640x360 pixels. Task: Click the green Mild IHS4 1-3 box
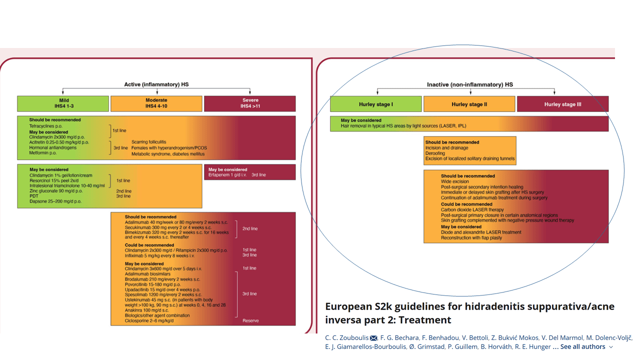(63, 103)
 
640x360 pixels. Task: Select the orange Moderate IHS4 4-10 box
(156, 103)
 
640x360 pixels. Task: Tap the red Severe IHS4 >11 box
(250, 103)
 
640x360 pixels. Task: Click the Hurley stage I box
(375, 104)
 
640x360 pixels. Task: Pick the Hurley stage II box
(469, 104)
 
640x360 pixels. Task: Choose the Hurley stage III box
(562, 104)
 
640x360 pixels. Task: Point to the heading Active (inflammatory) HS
(156, 84)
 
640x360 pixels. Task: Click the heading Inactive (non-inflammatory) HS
(469, 84)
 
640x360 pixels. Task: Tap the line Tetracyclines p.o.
(45, 126)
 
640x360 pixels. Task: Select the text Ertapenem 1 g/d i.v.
(227, 175)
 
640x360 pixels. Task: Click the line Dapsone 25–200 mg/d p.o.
(55, 201)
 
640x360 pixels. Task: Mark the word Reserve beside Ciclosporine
(250, 320)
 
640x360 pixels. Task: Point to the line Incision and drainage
(446, 147)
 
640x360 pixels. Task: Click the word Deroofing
(435, 153)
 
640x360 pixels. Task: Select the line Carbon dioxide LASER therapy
(472, 209)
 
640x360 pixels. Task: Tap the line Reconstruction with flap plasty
(471, 237)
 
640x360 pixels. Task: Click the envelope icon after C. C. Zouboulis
(373, 338)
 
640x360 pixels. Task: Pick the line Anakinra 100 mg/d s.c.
(146, 310)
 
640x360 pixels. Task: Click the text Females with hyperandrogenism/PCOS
(169, 148)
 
